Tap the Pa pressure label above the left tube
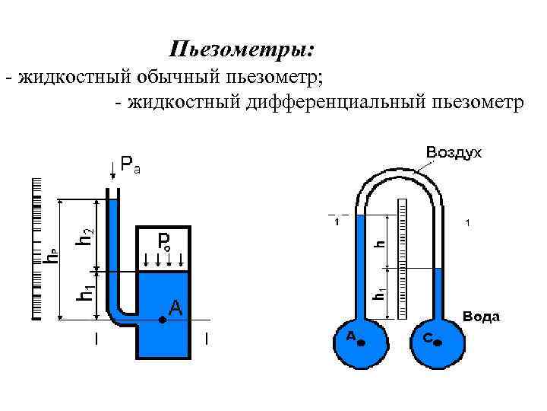(130, 164)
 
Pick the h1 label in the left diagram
(87, 293)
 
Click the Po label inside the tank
(166, 242)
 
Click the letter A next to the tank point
(175, 307)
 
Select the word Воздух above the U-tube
(454, 152)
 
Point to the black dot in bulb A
(361, 343)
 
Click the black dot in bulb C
(437, 343)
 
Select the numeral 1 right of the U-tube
(469, 224)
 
